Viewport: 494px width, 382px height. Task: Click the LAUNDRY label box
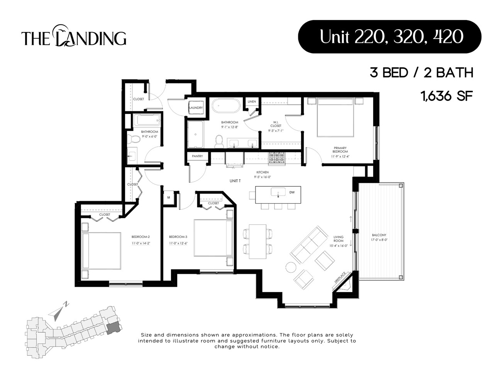click(196, 108)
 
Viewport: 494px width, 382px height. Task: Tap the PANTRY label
click(197, 156)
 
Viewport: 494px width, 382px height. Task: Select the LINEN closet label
click(252, 102)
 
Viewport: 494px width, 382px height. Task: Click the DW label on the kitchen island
click(292, 192)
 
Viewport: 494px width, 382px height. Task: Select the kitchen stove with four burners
click(276, 158)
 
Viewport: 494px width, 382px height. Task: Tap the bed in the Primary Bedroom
click(335, 117)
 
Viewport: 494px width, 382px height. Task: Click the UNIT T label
click(235, 181)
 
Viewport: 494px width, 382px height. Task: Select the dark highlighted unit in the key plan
click(113, 328)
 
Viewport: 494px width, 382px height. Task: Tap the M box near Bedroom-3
click(169, 197)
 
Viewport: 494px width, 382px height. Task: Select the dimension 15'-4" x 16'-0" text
click(338, 245)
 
